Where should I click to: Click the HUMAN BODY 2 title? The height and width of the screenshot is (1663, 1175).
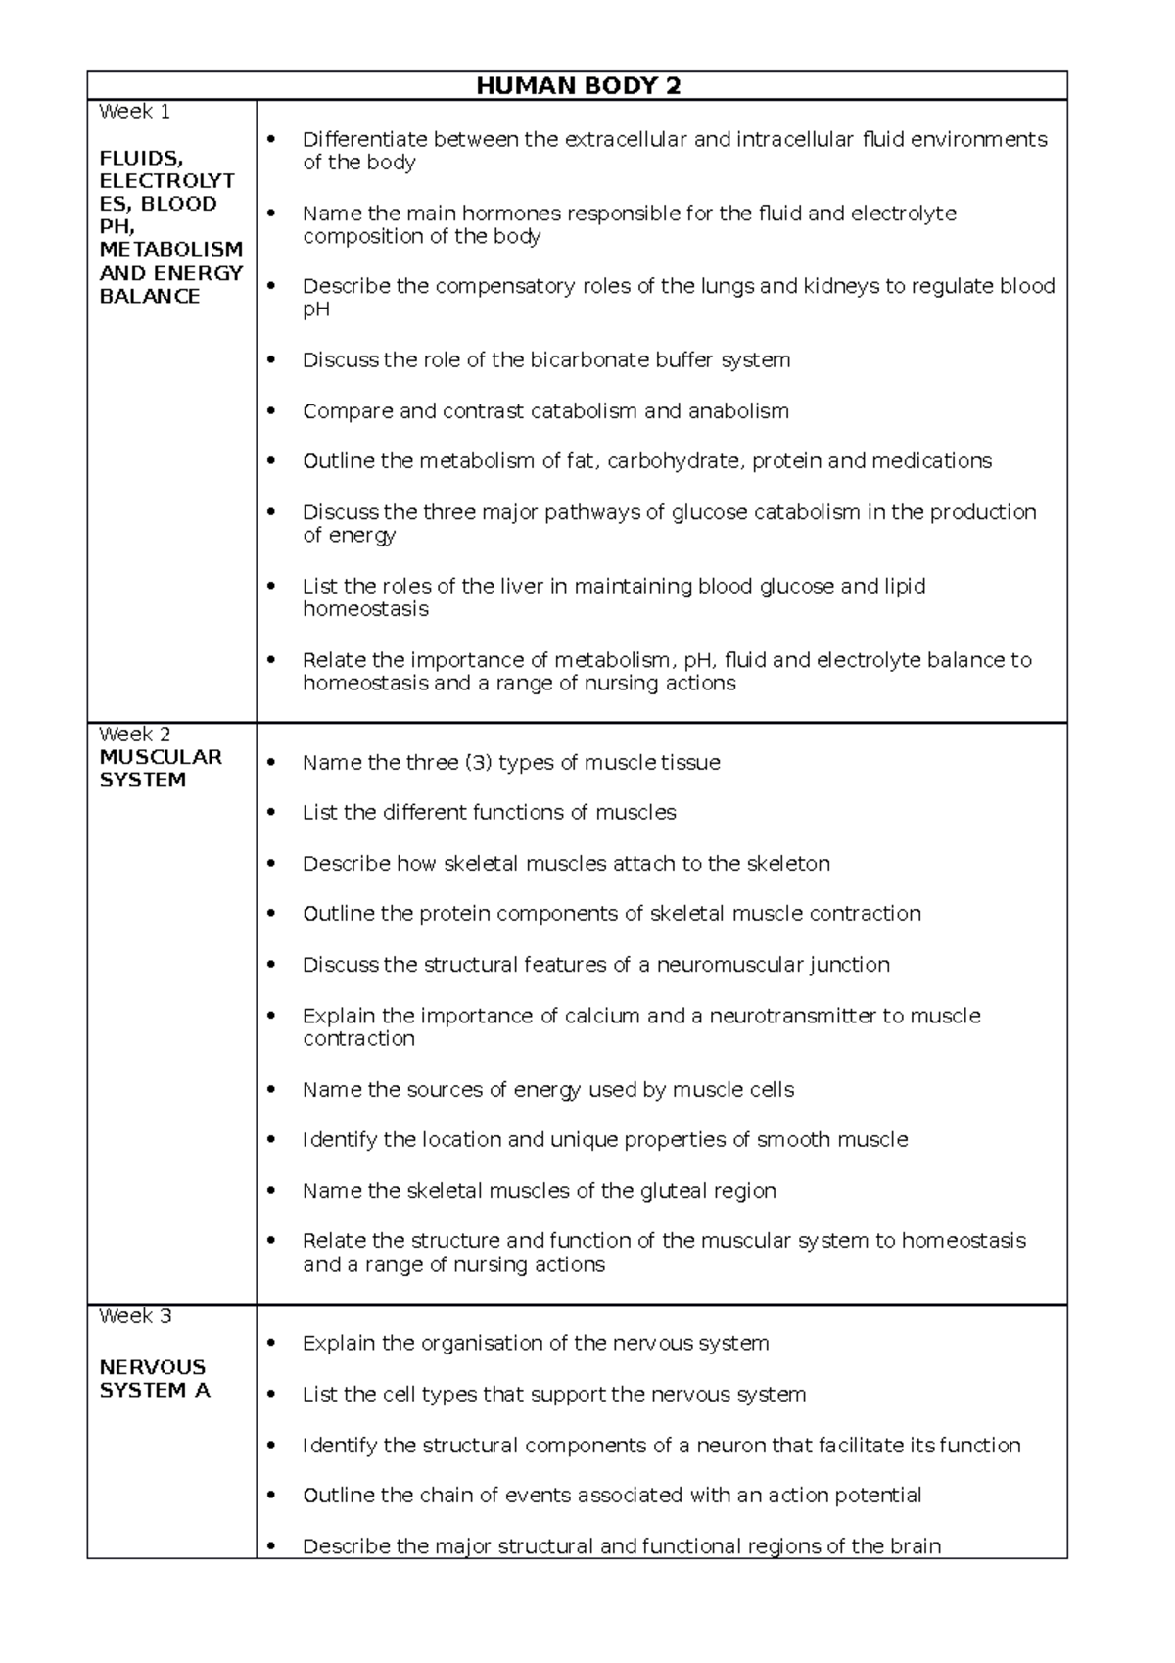[578, 86]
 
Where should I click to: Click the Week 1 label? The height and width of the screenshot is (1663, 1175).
[134, 112]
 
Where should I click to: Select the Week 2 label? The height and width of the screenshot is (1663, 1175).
[134, 734]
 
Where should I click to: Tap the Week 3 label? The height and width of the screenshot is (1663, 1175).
[135, 1315]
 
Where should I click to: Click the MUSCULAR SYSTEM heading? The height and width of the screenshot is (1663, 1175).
[160, 769]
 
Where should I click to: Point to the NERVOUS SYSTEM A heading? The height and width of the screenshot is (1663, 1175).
[154, 1378]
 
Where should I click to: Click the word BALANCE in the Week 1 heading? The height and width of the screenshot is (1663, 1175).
[149, 296]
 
